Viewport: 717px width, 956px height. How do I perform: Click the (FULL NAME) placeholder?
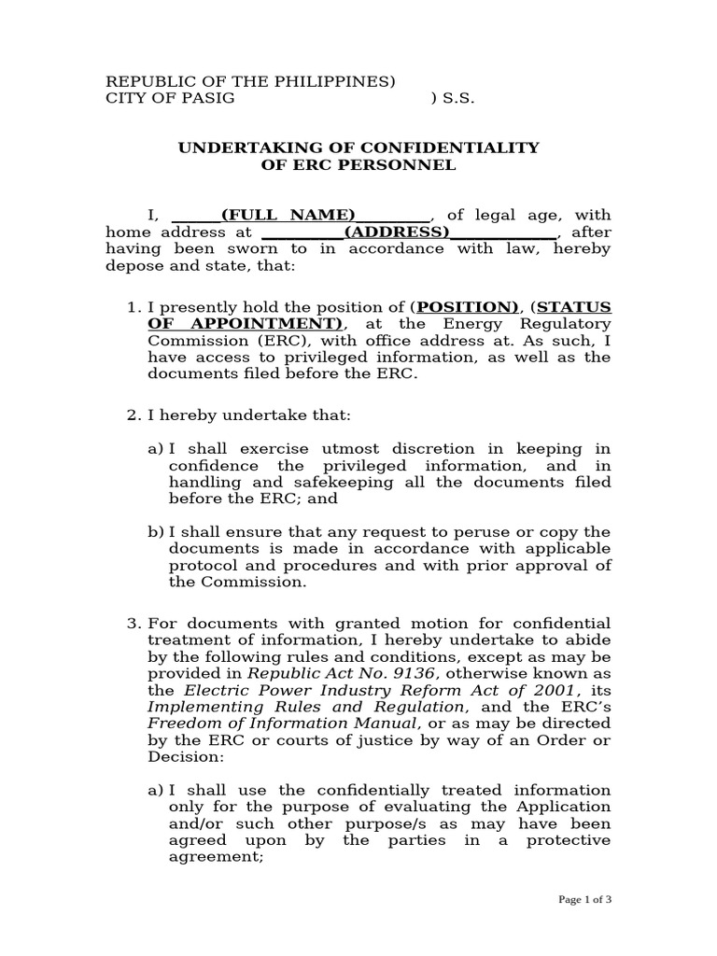point(288,214)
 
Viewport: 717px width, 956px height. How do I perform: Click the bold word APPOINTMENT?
point(261,323)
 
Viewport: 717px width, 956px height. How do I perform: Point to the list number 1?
point(132,306)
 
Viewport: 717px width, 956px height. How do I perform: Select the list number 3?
point(132,623)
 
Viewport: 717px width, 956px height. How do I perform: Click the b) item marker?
point(155,531)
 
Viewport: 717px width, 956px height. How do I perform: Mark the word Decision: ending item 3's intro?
point(181,757)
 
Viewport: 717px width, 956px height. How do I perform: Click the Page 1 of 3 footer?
point(584,900)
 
